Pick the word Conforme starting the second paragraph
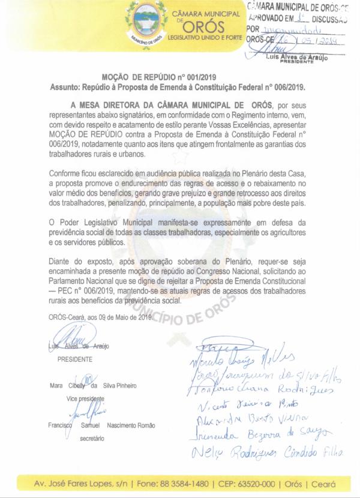pyautogui.click(x=65, y=173)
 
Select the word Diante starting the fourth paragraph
pyautogui.click(x=60, y=263)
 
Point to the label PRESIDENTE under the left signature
pyautogui.click(x=74, y=359)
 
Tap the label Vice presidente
pyautogui.click(x=85, y=398)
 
